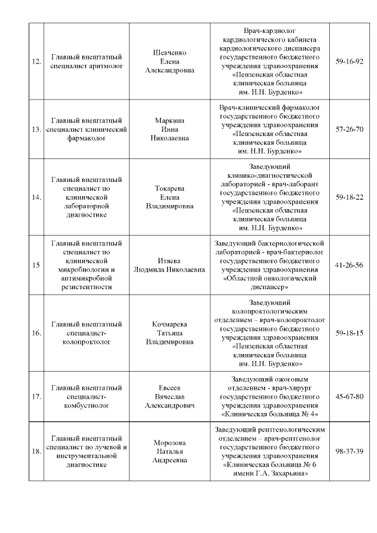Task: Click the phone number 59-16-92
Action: click(349, 61)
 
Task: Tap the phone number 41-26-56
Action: click(349, 265)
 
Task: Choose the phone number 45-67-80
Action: click(349, 396)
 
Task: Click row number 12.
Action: click(36, 61)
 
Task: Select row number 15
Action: click(36, 265)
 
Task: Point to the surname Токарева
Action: click(169, 188)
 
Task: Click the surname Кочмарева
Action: click(169, 324)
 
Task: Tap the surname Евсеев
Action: click(169, 388)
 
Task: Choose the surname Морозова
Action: click(169, 443)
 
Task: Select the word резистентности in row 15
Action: click(87, 287)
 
